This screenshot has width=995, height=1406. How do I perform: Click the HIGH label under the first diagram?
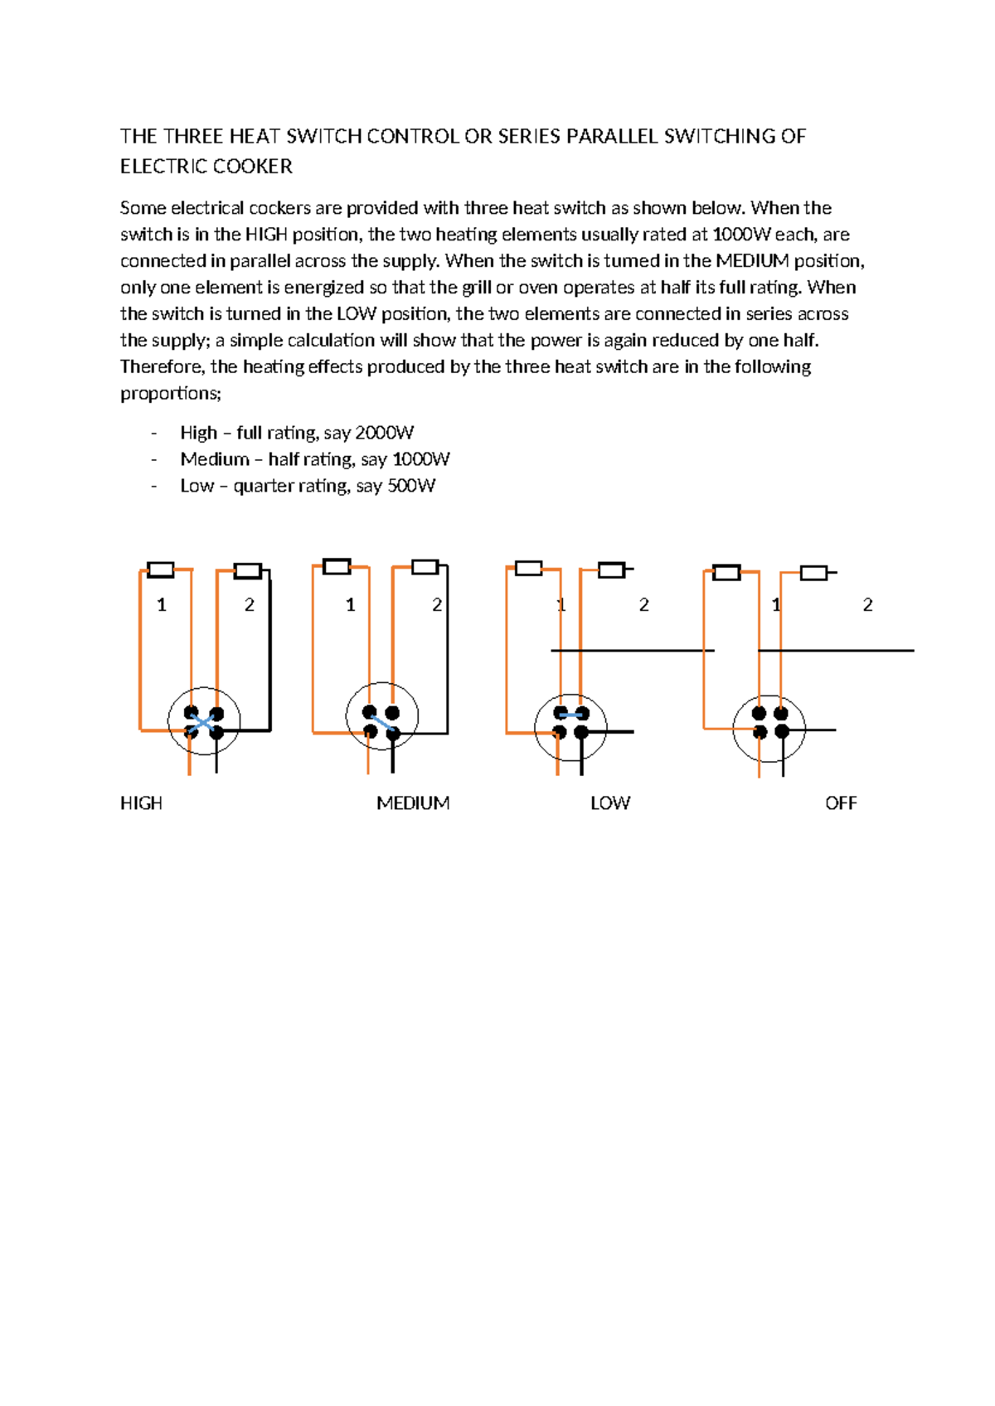point(141,802)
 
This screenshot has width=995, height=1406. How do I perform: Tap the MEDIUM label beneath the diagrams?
point(413,802)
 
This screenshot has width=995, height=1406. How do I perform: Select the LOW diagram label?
point(610,802)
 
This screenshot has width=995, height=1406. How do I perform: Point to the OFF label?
point(841,802)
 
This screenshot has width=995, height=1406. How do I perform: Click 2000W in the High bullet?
point(384,433)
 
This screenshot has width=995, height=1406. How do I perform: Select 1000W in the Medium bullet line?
point(420,459)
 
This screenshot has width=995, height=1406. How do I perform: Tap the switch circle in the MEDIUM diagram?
point(381,716)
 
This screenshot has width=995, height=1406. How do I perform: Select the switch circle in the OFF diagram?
point(769,730)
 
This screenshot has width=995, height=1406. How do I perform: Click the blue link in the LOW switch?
point(571,715)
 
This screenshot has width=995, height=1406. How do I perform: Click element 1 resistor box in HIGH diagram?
point(160,570)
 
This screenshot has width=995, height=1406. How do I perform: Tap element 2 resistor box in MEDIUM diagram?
point(425,567)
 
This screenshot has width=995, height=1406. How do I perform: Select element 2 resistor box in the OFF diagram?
point(813,573)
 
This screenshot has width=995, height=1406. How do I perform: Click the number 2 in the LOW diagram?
point(643,605)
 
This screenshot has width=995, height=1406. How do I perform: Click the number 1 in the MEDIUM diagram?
point(350,605)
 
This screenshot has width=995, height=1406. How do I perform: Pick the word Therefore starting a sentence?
point(162,366)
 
